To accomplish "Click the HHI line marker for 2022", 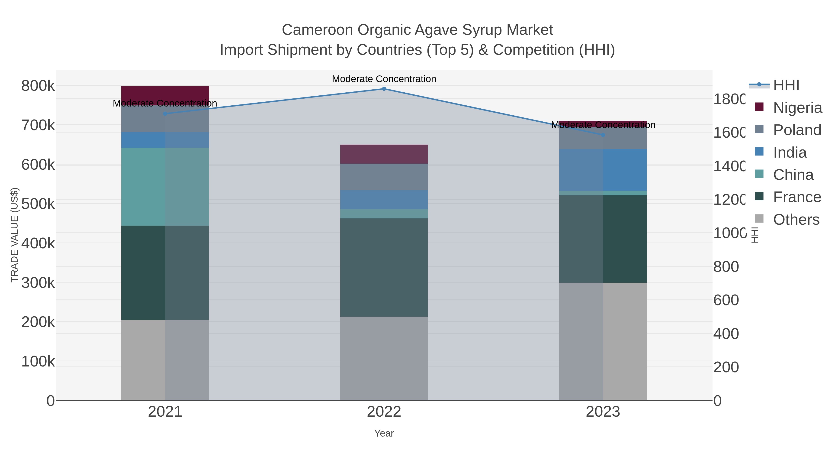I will pos(384,89).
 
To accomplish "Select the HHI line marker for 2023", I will pos(603,135).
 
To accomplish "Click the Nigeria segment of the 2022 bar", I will pos(384,154).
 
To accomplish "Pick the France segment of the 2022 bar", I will pos(384,267).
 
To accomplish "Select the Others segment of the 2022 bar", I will pos(384,358).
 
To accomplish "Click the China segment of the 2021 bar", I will pos(165,187).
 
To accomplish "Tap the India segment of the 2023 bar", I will pos(603,170).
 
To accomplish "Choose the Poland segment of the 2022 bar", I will pos(384,177).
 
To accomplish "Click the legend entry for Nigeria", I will pos(797,108).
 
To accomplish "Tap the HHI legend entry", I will pos(786,85).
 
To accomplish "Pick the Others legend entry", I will pos(796,220).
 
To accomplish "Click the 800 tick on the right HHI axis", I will pos(726,267).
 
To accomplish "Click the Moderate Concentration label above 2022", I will pos(384,79).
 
